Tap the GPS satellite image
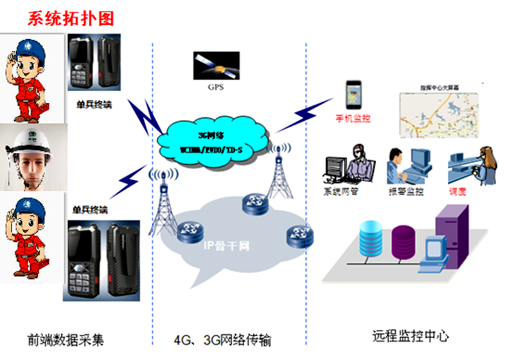pyautogui.click(x=215, y=66)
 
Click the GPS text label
pyautogui.click(x=215, y=87)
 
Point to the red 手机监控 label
pyautogui.click(x=353, y=120)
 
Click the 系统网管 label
pyautogui.click(x=340, y=192)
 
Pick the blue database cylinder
pyautogui.click(x=375, y=241)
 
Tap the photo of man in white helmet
pyautogui.click(x=32, y=156)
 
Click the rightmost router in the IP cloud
pyautogui.click(x=298, y=235)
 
